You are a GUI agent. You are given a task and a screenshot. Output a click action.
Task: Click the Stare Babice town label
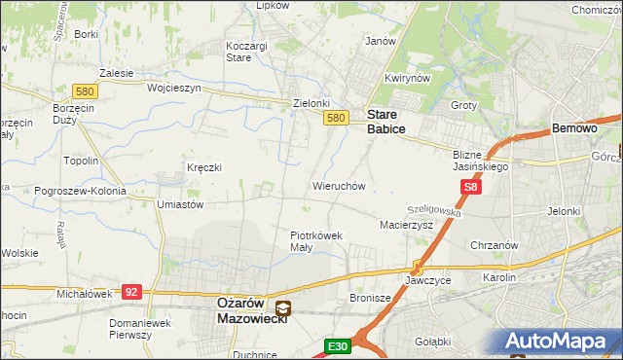coord(385,121)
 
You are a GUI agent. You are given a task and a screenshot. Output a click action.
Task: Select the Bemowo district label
coord(573,127)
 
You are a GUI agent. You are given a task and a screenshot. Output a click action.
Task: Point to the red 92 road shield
coord(132,291)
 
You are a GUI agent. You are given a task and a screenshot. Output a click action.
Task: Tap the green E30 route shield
coord(338,345)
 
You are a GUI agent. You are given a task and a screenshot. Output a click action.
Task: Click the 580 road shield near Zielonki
coord(336,119)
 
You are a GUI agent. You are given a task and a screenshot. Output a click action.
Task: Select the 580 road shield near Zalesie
coord(84,91)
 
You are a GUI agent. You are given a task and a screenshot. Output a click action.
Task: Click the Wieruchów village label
coord(338,185)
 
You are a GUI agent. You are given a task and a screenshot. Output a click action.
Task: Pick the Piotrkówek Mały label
coord(314,240)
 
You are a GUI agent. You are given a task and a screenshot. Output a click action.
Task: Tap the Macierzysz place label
coord(406,225)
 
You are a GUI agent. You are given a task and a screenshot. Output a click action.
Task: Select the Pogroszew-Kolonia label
coord(80,191)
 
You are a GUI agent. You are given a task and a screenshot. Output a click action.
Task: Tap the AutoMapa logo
coord(557,342)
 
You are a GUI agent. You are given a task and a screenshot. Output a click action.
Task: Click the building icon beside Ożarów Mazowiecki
coord(282,308)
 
